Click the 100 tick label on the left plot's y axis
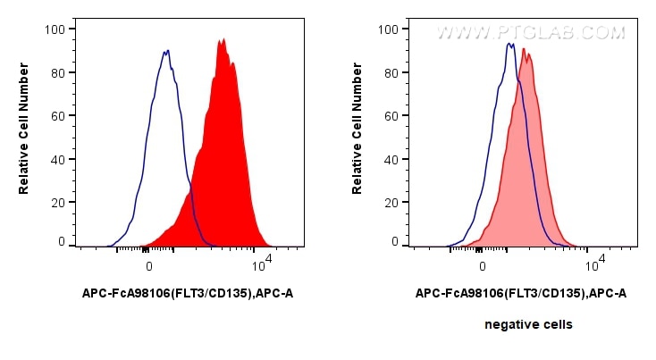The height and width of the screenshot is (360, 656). [x=55, y=29]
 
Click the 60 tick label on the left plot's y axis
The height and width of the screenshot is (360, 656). [x=57, y=116]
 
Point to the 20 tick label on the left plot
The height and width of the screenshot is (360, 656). [x=57, y=203]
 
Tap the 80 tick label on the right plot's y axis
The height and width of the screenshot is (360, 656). [x=391, y=73]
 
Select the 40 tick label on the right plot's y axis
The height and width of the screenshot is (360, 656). [x=391, y=160]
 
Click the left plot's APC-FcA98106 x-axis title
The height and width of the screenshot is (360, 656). [x=187, y=293]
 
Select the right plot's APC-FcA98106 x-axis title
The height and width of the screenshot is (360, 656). [x=520, y=293]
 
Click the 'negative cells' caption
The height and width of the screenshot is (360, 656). [x=528, y=324]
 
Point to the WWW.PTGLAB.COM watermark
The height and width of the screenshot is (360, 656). [x=530, y=33]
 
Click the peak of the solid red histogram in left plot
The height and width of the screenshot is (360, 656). [x=222, y=40]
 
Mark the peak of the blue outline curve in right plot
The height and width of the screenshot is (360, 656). [x=509, y=44]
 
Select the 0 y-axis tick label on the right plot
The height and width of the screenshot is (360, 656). [x=394, y=241]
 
